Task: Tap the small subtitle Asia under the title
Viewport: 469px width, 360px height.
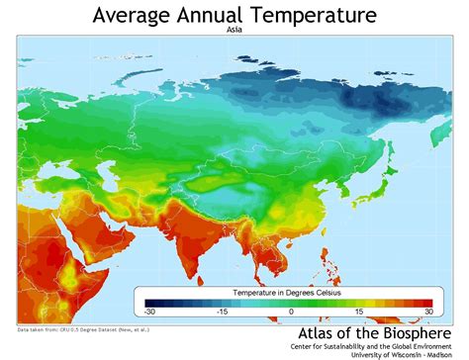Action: [x=234, y=31]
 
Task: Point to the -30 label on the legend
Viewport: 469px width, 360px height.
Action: [x=147, y=313]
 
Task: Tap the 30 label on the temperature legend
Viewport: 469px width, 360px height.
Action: [x=429, y=313]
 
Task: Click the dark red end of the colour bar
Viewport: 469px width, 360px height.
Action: [x=425, y=303]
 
